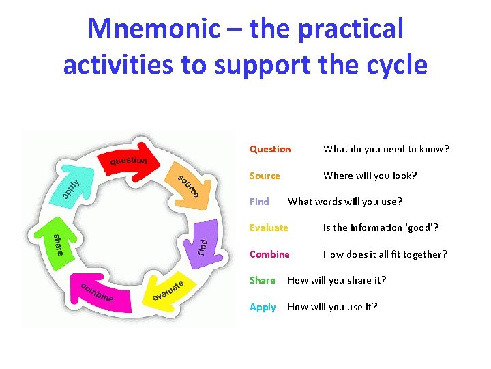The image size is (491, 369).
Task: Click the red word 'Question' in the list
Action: [x=270, y=149]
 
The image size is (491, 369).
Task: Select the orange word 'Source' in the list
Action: [x=265, y=176]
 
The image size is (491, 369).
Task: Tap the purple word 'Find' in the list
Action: [x=259, y=202]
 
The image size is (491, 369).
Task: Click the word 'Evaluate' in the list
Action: [x=269, y=228]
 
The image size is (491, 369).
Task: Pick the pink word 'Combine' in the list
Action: [x=269, y=254]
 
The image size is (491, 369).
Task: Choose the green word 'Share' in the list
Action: [x=262, y=280]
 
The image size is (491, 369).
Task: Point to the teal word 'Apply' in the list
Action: [x=263, y=307]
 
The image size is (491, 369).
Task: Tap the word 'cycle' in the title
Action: [x=395, y=65]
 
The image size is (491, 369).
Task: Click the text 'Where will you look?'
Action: [x=370, y=176]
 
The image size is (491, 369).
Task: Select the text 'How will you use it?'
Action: [x=332, y=307]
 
